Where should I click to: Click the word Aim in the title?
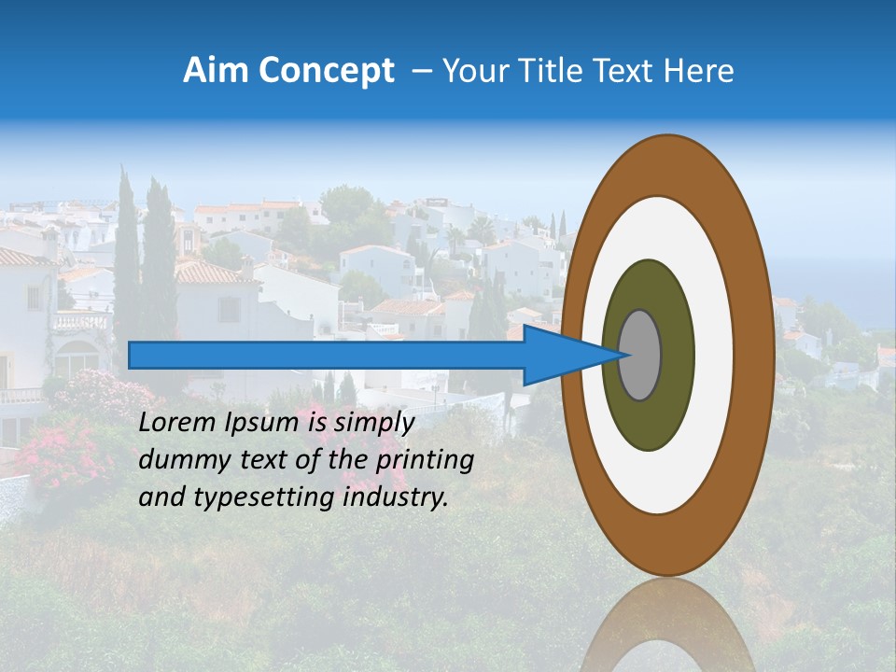[217, 71]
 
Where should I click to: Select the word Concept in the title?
[326, 71]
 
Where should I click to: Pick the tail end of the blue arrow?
[135, 355]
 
